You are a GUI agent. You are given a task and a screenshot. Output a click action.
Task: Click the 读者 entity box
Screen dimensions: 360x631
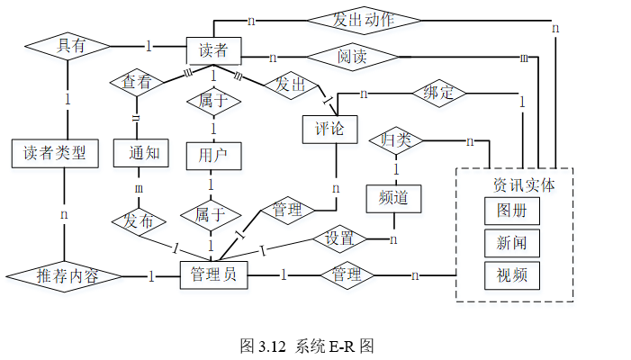tap(213, 49)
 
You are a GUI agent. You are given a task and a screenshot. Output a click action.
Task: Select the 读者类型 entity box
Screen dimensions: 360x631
tap(54, 153)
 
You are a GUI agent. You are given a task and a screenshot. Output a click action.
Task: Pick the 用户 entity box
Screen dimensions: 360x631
tap(213, 155)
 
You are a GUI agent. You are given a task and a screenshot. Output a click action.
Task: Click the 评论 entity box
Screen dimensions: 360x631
tap(330, 128)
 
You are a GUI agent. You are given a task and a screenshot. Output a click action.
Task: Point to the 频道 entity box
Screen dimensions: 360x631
tap(394, 198)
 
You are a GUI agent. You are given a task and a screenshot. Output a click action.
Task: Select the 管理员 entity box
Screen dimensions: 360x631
tap(213, 276)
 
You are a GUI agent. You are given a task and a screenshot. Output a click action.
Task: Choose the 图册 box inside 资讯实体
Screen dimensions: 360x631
tap(512, 211)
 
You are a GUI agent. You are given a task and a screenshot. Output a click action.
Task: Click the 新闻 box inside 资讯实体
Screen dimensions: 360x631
tap(512, 243)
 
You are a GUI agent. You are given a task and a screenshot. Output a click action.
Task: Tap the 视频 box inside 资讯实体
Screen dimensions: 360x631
tap(512, 274)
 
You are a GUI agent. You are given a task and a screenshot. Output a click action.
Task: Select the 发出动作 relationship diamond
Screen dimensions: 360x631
tap(364, 20)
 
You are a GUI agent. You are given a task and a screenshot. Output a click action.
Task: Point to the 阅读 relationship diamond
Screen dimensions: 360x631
tap(352, 58)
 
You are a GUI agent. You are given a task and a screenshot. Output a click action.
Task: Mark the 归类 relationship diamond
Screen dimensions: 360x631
tap(397, 140)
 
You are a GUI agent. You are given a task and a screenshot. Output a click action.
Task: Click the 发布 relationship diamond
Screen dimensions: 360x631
tap(138, 220)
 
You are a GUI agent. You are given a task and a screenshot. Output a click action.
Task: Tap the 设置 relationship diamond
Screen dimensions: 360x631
tap(339, 238)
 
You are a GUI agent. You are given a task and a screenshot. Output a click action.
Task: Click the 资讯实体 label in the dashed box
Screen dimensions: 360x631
tap(524, 184)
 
